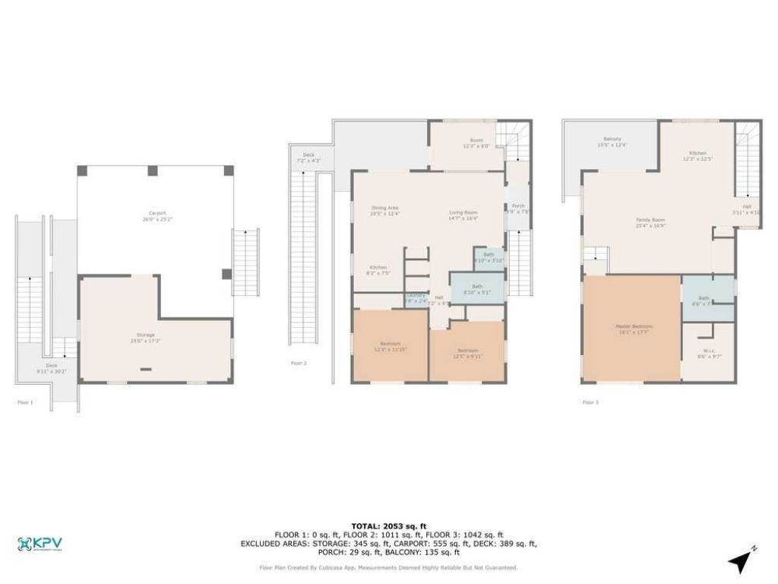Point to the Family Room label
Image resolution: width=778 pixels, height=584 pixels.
click(650, 222)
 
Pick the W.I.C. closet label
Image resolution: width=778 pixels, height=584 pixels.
click(707, 353)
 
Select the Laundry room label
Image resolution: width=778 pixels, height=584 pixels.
click(416, 297)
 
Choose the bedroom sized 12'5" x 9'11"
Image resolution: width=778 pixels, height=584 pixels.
click(466, 353)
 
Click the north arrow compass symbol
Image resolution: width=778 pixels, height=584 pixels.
click(740, 561)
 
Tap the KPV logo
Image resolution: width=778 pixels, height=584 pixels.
click(40, 544)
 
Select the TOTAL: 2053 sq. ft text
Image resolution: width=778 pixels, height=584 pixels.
click(388, 525)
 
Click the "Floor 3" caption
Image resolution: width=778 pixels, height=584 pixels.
click(590, 401)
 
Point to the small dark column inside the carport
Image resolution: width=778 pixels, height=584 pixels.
click(226, 274)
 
